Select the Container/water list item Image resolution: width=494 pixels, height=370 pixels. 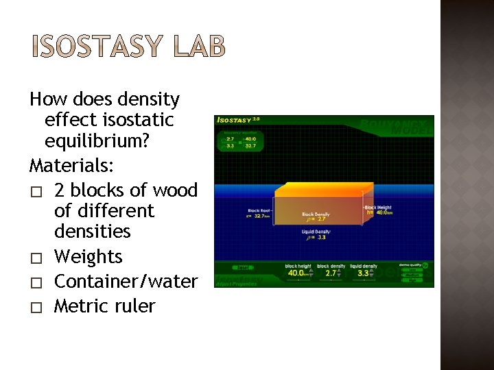coord(126,282)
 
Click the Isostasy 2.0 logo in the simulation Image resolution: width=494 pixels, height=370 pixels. coord(237,120)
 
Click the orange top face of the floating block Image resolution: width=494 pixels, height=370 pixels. coord(322,190)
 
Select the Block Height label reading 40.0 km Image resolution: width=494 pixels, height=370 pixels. coord(379,210)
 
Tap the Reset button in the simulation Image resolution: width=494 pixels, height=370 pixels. coord(243,268)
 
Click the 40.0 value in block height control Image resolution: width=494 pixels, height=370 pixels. coord(296,273)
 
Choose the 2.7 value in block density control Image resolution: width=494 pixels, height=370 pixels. coord(331,273)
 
